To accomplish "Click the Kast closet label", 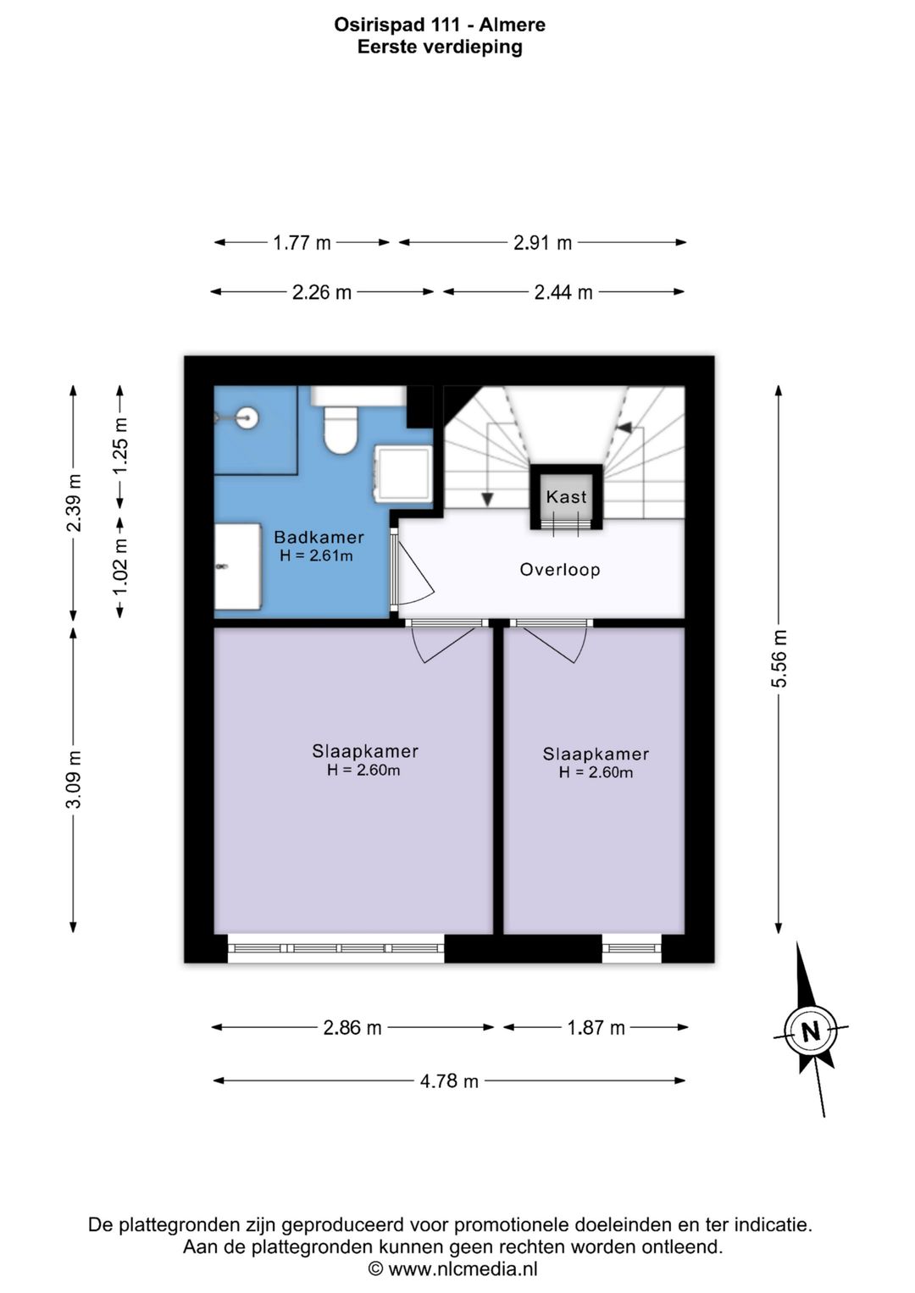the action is (566, 496).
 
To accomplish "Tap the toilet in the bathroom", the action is (341, 429).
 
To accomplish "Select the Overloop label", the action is (560, 570).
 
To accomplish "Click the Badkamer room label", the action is (319, 538).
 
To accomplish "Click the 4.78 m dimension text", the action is (449, 1080).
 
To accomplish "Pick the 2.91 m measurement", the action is (542, 243).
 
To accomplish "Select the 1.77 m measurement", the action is (302, 243).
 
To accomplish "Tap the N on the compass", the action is (811, 1031).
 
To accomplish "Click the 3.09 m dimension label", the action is (74, 779).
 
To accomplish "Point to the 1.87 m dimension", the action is (596, 1027).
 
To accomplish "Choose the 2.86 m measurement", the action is (352, 1027).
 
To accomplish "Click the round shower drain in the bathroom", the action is (248, 417).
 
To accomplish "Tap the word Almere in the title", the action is (513, 25).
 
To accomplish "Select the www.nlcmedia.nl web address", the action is (463, 1268).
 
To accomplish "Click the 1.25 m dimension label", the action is (120, 446).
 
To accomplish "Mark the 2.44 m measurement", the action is (563, 293).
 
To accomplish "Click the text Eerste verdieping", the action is (440, 47).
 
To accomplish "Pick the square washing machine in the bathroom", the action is (403, 473).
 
